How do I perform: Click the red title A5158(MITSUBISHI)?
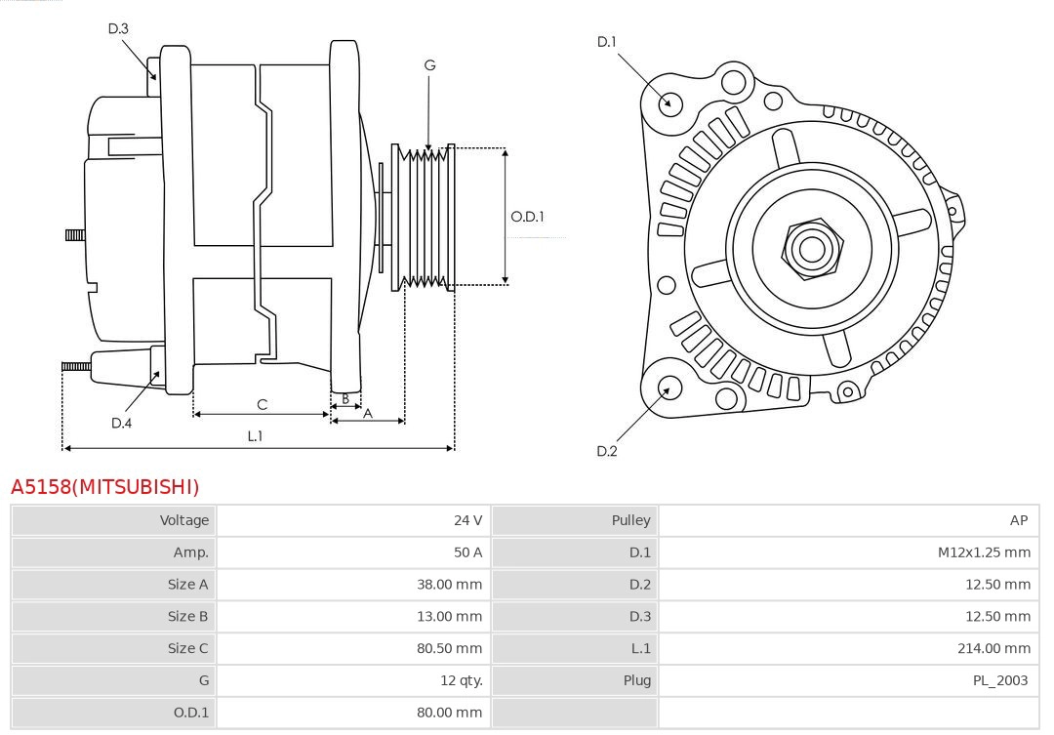[104, 486]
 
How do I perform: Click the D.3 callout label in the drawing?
[118, 28]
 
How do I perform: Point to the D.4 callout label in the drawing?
[121, 423]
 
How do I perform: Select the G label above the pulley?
[429, 65]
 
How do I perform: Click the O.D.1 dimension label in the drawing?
[527, 217]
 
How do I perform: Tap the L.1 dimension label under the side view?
[255, 436]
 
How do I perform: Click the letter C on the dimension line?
[262, 404]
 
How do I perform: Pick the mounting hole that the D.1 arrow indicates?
[670, 102]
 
